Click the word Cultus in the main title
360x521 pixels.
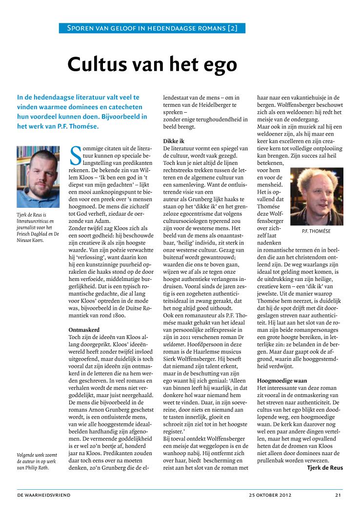click(x=93, y=64)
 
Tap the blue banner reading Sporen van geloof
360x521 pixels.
click(x=152, y=28)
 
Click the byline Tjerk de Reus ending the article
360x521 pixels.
click(x=324, y=468)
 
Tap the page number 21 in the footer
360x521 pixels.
click(x=338, y=495)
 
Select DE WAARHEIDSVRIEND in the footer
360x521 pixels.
click(x=44, y=495)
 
